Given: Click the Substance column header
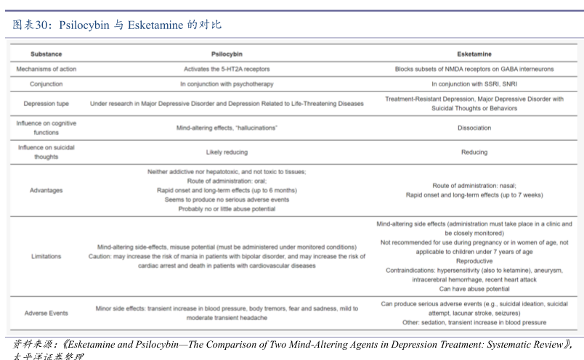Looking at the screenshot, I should point(46,54).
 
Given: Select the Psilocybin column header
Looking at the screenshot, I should point(227,54).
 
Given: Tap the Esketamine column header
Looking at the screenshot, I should point(474,54).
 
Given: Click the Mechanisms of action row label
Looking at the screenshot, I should point(46,69).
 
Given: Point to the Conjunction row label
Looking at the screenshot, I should point(46,84).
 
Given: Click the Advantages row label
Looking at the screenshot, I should point(46,190).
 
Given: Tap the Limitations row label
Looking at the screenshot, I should point(46,256).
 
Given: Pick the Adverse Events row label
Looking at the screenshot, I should point(46,313).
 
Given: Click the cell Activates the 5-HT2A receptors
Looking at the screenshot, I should point(227,69).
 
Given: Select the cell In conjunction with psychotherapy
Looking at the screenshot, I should point(227,84).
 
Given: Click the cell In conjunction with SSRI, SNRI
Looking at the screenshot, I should point(474,84).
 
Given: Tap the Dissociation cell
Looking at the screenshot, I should point(474,128).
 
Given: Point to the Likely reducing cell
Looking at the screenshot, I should point(227,152).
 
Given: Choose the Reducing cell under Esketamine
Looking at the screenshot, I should point(474,152).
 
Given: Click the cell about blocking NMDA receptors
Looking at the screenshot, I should point(474,69).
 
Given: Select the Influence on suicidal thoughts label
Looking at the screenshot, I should point(46,152).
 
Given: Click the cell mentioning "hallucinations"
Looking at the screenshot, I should point(227,128).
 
